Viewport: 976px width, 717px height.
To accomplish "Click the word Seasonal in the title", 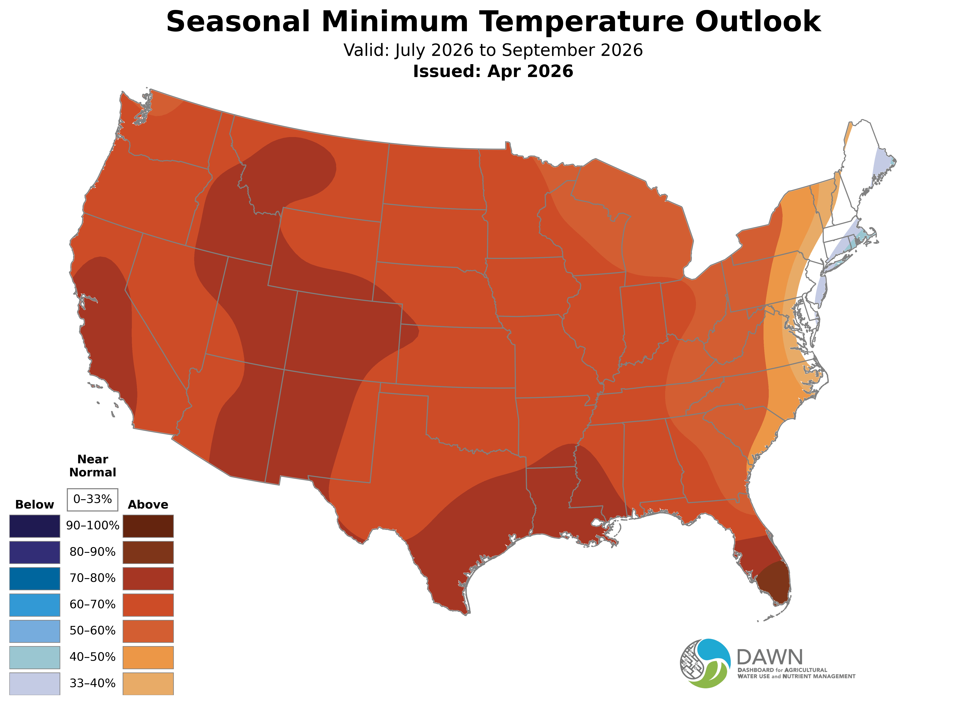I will click(238, 22).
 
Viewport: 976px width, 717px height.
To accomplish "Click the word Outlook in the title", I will click(758, 22).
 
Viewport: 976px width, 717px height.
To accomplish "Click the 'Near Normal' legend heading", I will click(92, 466).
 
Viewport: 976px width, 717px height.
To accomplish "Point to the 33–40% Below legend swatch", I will click(35, 684).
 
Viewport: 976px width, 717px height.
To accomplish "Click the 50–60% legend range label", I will click(92, 631).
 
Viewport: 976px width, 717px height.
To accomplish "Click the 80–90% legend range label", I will click(92, 552).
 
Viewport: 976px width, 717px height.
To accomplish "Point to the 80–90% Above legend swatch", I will click(148, 552).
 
